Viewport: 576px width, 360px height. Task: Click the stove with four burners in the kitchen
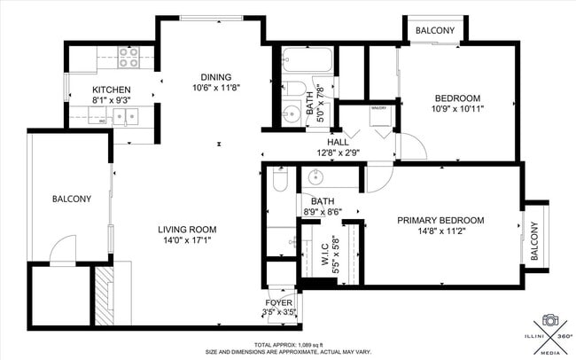[x=128, y=58]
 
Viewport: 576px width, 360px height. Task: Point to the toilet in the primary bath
[x=278, y=180]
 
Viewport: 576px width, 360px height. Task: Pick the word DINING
[x=215, y=76]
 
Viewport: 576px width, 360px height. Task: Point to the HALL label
[x=338, y=142]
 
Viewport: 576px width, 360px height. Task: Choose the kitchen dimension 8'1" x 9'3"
[x=112, y=101]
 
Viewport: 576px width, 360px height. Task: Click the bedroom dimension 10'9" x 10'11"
[x=456, y=109]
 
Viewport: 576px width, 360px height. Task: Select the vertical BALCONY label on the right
[x=534, y=240]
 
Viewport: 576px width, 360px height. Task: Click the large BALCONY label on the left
[x=71, y=200]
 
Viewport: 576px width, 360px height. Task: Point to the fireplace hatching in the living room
[x=105, y=295]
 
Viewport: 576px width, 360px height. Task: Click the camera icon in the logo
[x=549, y=319]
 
